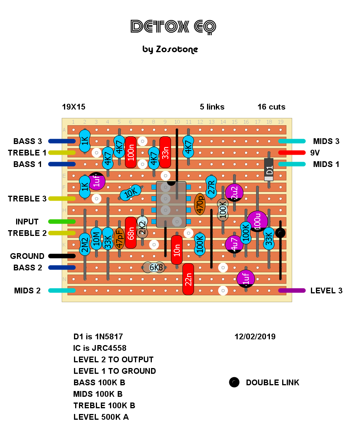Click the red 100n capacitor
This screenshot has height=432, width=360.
pyautogui.click(x=131, y=152)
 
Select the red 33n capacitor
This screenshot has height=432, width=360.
pyautogui.click(x=165, y=152)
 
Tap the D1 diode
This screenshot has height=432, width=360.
pyautogui.click(x=269, y=169)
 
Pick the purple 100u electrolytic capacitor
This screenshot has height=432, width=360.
pyautogui.click(x=257, y=221)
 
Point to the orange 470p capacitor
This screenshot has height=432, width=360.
pyautogui.click(x=200, y=204)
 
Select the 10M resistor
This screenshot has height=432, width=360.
pyautogui.click(x=96, y=238)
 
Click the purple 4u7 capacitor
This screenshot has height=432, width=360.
pyautogui.click(x=234, y=244)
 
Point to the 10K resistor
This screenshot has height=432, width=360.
pyautogui.click(x=131, y=193)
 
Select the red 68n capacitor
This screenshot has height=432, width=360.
pyautogui.click(x=131, y=232)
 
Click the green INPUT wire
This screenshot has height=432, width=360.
pyautogui.click(x=62, y=221)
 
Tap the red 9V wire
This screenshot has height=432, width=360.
pyautogui.click(x=292, y=152)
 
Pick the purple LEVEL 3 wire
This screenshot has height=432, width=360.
pyautogui.click(x=292, y=290)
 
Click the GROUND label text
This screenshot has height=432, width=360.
pyautogui.click(x=27, y=256)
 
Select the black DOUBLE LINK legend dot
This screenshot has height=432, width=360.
pyautogui.click(x=234, y=382)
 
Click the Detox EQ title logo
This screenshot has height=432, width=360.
pyautogui.click(x=173, y=27)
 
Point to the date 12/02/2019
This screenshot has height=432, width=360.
pyautogui.click(x=255, y=337)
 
